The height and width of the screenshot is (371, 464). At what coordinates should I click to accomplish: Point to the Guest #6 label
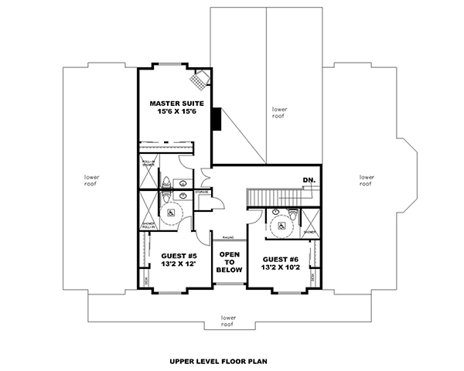pos(280,260)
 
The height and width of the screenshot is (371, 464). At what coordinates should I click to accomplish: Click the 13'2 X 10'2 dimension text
pos(280,270)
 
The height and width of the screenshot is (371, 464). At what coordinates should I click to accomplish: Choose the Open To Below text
pos(230,262)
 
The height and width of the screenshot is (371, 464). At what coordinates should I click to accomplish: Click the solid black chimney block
pos(219,120)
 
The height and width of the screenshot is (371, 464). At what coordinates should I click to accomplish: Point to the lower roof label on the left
pos(92,180)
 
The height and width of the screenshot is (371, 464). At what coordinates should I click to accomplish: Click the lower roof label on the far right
pos(367,180)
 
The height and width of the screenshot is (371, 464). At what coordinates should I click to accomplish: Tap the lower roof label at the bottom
pos(228,320)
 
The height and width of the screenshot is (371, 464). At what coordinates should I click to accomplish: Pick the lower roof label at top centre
pos(279,112)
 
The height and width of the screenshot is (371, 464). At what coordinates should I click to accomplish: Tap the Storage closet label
pos(203,192)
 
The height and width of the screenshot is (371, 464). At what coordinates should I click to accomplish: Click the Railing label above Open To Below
pos(228,238)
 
